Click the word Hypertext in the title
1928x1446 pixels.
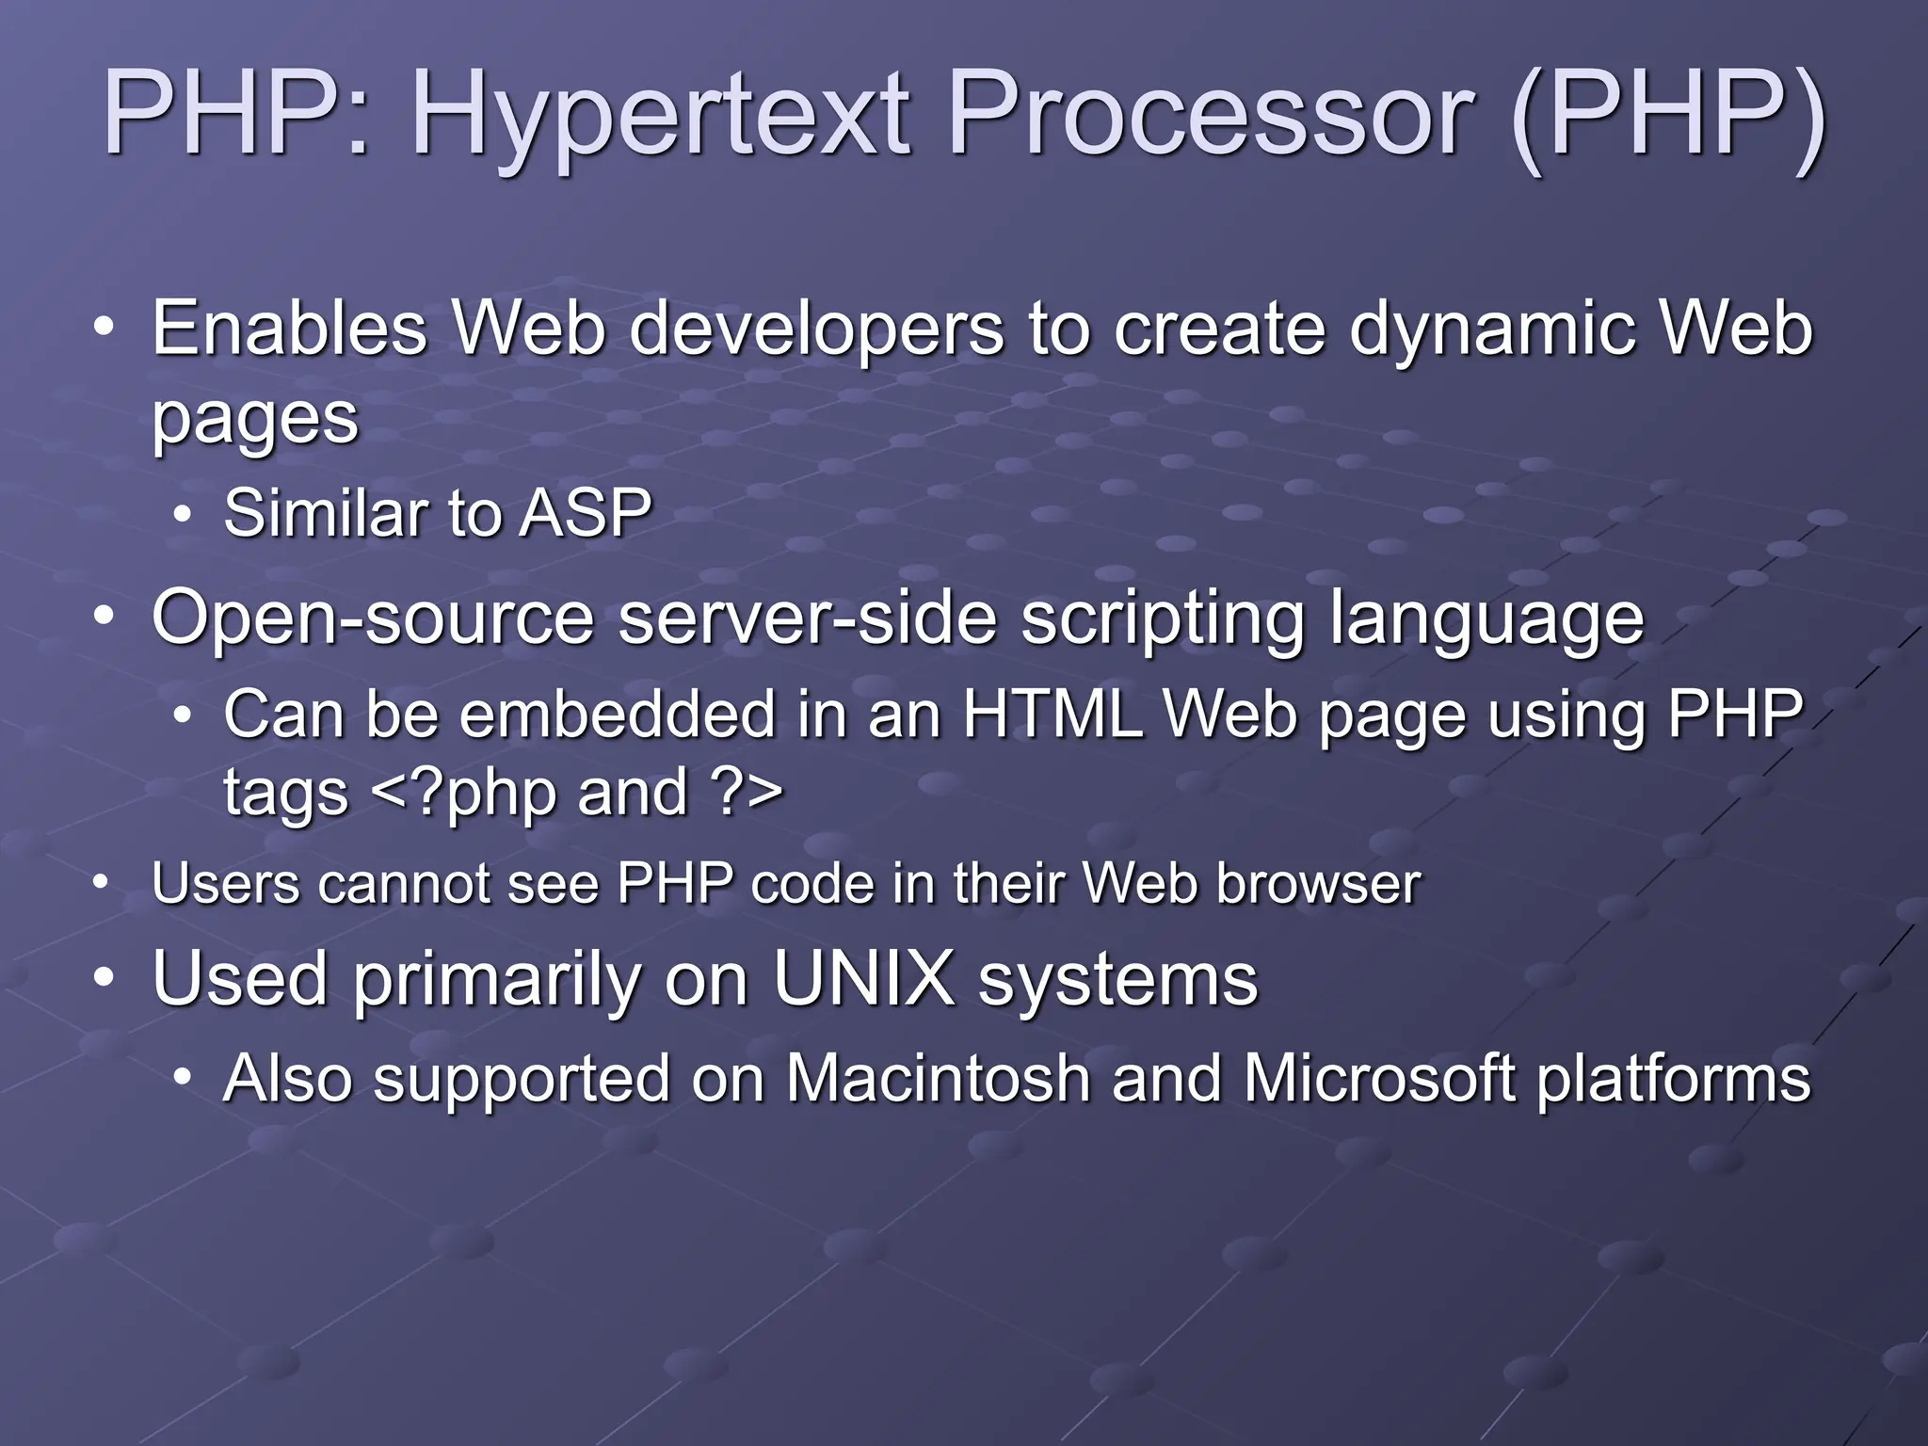tap(659, 115)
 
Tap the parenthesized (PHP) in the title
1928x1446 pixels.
tap(1666, 115)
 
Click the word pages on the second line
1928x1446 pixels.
tap(255, 419)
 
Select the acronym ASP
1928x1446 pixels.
tap(586, 514)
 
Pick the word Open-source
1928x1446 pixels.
tap(373, 619)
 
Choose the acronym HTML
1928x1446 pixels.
tap(1052, 714)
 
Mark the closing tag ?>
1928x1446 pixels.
tap(748, 792)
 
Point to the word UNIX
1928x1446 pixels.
tap(862, 979)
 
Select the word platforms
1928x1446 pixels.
tap(1673, 1080)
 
